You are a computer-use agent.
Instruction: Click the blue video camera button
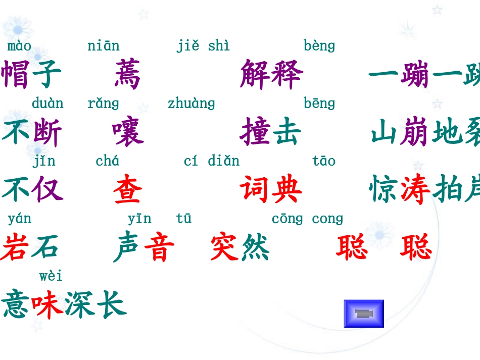(364, 314)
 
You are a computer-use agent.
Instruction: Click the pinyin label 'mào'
(19, 46)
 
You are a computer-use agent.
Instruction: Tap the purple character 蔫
(127, 74)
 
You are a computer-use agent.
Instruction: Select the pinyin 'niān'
(104, 46)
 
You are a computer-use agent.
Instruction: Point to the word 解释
(271, 74)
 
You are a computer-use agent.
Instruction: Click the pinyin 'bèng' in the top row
(319, 46)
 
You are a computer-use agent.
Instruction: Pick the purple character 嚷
(128, 132)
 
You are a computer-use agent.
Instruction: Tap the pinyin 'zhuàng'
(191, 104)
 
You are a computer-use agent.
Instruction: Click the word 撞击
(271, 132)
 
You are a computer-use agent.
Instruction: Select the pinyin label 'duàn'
(47, 104)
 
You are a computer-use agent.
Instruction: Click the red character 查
(127, 190)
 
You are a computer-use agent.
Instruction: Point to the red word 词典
(271, 190)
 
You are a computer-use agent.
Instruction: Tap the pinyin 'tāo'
(324, 161)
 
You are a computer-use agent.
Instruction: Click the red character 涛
(415, 190)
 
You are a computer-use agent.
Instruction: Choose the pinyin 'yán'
(19, 219)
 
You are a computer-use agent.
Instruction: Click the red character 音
(159, 247)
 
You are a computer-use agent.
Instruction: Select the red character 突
(225, 247)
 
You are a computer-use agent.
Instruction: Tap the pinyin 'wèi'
(51, 276)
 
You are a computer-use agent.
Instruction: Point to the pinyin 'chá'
(108, 161)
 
